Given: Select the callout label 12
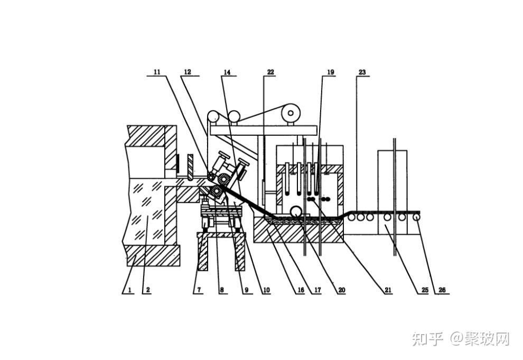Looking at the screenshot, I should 187,71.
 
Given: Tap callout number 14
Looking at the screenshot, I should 227,71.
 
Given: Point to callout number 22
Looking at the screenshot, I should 270,71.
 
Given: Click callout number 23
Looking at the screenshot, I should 362,71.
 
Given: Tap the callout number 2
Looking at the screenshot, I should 148,290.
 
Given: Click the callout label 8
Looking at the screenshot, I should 221,290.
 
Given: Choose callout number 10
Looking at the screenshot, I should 266,290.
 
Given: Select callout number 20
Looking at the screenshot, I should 341,290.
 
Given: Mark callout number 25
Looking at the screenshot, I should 423,290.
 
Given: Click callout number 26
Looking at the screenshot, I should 442,290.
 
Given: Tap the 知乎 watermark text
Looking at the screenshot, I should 427,339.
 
